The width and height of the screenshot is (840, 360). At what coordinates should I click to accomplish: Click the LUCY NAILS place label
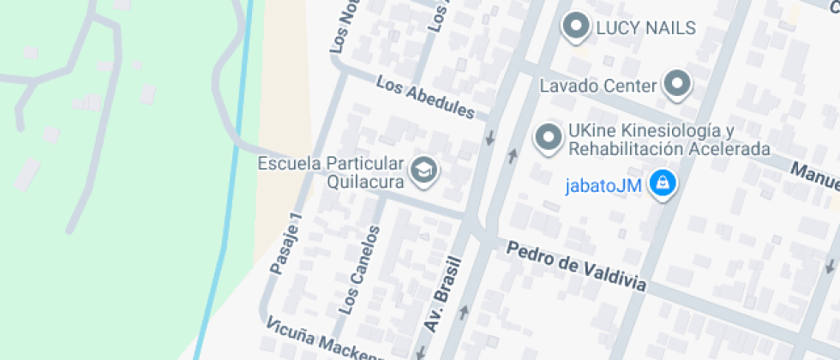645,28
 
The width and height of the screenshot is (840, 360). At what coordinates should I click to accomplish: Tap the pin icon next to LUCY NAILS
575,27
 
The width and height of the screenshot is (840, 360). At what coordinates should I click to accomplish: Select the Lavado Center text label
597,86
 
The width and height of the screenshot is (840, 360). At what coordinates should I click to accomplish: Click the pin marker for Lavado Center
678,84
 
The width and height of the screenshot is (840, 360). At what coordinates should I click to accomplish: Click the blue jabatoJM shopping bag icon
662,183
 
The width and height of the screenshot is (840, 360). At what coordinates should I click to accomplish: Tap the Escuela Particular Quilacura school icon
423,170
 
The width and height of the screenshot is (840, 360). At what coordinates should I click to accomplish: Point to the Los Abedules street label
425,99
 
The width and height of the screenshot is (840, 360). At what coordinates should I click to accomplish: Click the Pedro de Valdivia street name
575,267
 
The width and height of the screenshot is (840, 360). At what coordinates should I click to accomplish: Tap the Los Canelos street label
360,267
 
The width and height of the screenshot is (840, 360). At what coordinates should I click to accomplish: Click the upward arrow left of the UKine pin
513,155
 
